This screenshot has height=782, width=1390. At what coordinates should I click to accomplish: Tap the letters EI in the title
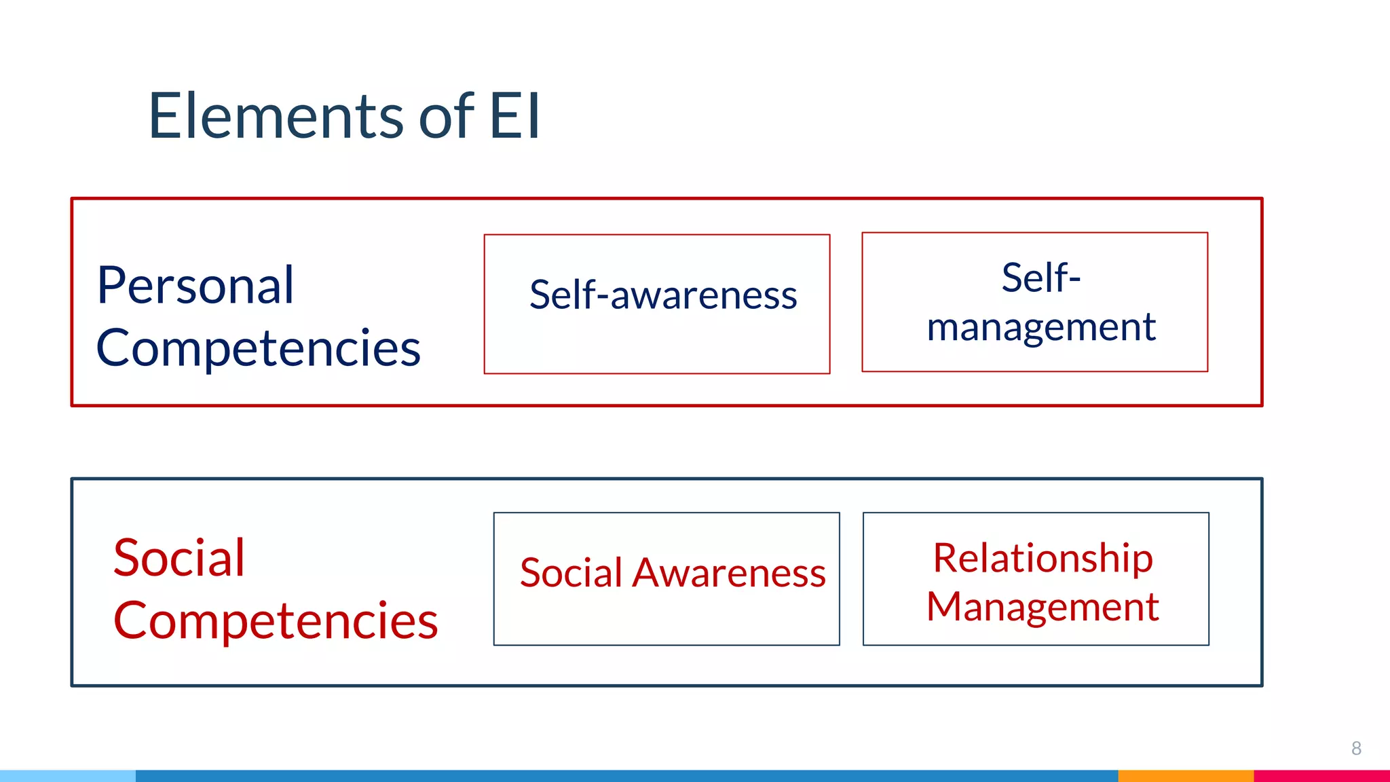[x=514, y=117]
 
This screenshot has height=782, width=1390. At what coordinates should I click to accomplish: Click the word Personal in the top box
[x=195, y=286]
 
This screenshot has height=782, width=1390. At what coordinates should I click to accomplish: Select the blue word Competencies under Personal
[x=259, y=348]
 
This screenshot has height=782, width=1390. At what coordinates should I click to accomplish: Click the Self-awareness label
[x=663, y=295]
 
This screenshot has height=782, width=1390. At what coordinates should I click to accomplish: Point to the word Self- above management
[x=1040, y=278]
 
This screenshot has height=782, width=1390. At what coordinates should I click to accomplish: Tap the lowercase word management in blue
[x=1041, y=328]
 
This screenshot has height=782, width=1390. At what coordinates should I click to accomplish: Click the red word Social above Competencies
[x=179, y=558]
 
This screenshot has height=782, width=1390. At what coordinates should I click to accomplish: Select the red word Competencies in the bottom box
[x=276, y=621]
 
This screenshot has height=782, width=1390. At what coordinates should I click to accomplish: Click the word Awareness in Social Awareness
[x=729, y=573]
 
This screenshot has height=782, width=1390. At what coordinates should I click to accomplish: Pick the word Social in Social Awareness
[x=571, y=573]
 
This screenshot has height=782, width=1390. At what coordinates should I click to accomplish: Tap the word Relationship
[x=1042, y=559]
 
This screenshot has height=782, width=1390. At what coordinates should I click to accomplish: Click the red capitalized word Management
[x=1042, y=607]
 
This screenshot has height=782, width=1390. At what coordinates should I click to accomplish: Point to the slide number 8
[x=1356, y=748]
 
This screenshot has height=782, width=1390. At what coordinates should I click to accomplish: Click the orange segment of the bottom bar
[x=1185, y=776]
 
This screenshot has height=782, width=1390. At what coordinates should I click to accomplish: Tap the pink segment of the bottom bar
[x=1321, y=776]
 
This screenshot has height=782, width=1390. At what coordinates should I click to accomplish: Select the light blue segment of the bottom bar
[x=68, y=776]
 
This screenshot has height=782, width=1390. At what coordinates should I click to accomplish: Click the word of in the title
[x=446, y=117]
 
